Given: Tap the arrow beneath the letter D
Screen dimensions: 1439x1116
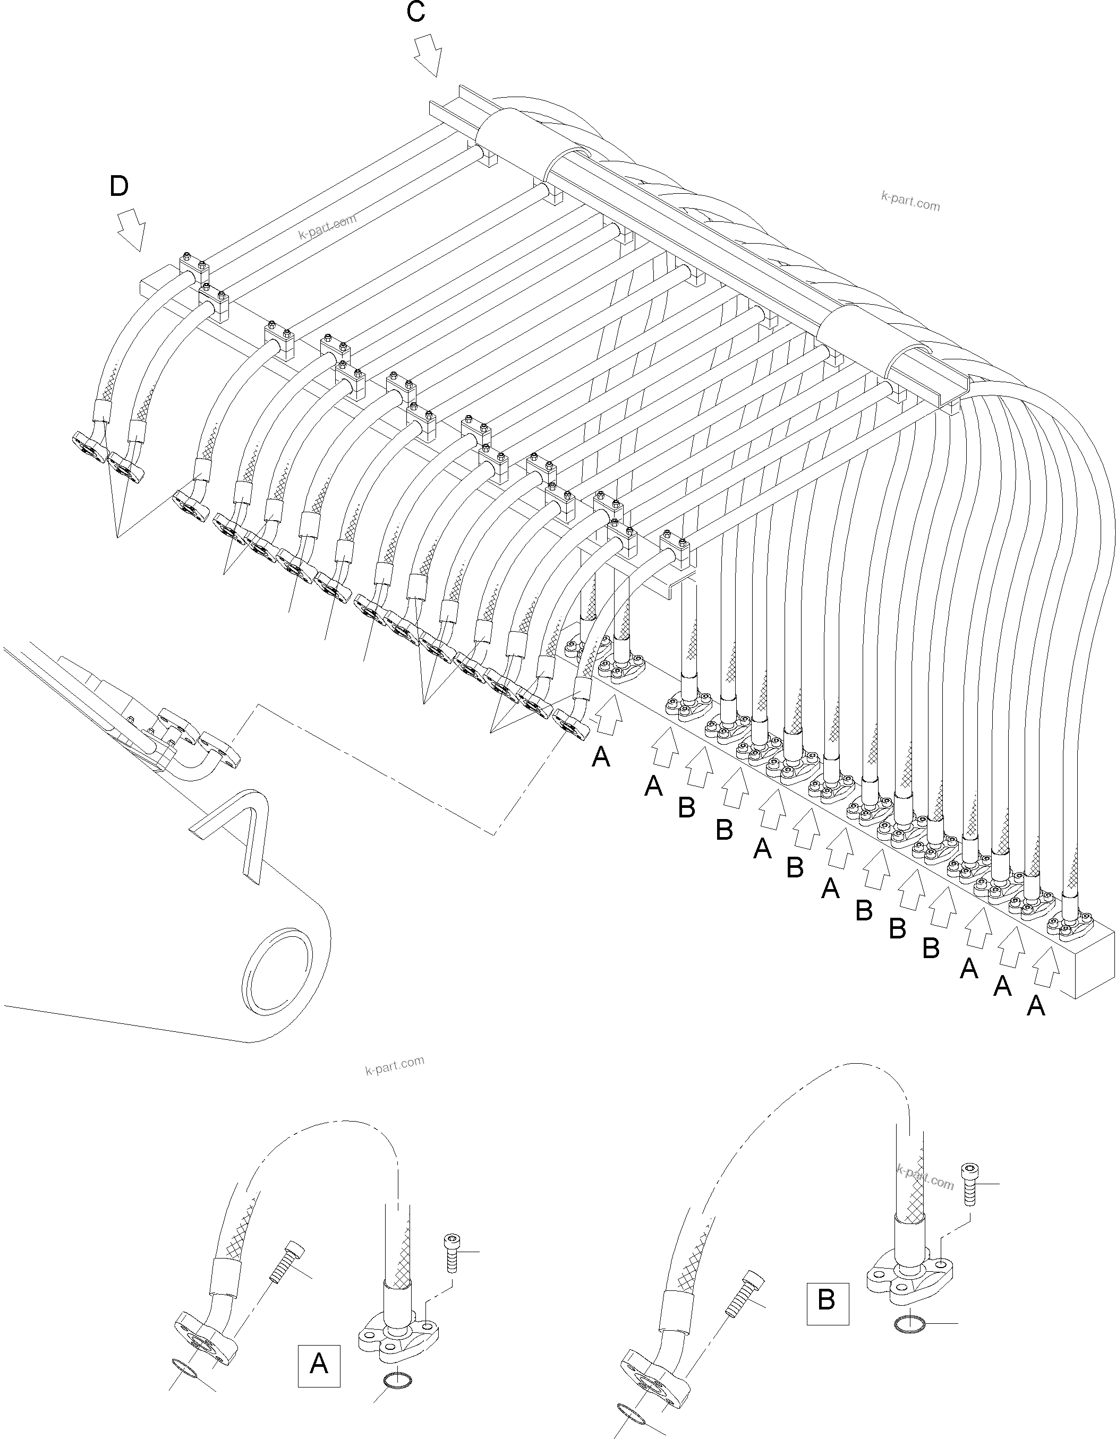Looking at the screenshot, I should point(131,230).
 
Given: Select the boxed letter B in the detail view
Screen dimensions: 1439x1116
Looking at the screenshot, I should point(827,1300).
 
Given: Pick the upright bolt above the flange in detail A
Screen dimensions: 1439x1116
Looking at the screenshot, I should point(451,1253).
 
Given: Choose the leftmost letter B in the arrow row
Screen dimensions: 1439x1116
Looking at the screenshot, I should point(686,808).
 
